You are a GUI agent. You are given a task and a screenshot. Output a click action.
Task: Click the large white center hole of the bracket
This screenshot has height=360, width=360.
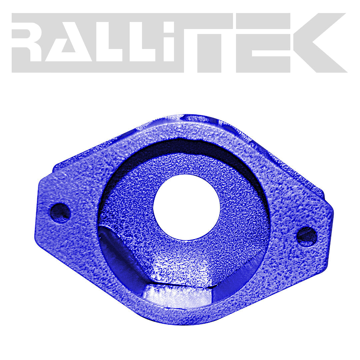click(x=186, y=206)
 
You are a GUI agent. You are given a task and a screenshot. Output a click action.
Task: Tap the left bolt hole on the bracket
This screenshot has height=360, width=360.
click(x=60, y=212)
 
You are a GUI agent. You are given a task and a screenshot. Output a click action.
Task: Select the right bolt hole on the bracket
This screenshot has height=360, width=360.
click(x=306, y=236)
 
